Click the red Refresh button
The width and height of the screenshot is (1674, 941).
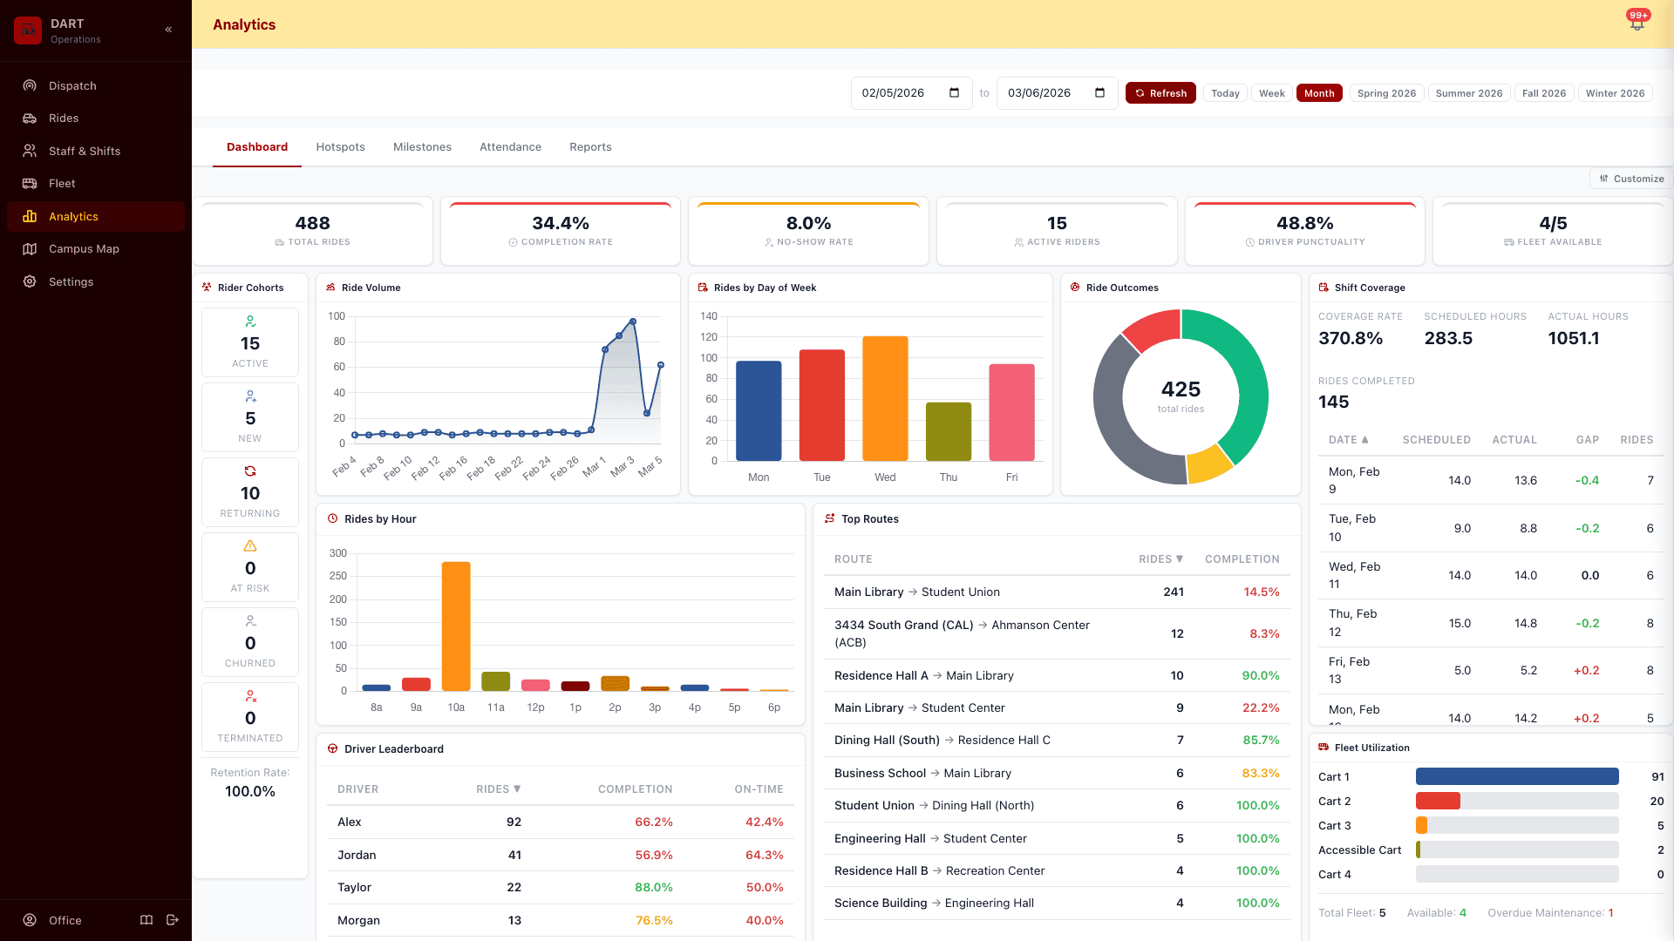[x=1160, y=93]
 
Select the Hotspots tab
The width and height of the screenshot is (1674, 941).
[x=340, y=146]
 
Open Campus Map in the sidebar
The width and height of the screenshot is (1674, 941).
[x=84, y=248]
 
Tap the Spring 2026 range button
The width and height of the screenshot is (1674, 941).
[x=1386, y=93]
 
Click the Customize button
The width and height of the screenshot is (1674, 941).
[x=1631, y=179]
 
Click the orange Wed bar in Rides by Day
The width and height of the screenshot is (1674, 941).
[x=885, y=398]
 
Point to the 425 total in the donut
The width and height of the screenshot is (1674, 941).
[x=1181, y=389]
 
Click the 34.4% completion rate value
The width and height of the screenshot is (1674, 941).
[x=561, y=223]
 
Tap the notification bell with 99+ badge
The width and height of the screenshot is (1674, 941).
[x=1637, y=24]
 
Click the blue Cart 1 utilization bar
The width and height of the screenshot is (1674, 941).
[x=1517, y=776]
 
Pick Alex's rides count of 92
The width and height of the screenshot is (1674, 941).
[x=514, y=822]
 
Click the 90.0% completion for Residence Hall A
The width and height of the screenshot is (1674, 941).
[x=1261, y=675]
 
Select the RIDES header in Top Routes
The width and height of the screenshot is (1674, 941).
[x=1160, y=559]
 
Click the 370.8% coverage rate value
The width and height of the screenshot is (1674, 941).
[x=1351, y=338]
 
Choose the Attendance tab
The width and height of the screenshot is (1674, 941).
[x=510, y=146]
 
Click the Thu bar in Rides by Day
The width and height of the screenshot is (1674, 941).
[x=949, y=431]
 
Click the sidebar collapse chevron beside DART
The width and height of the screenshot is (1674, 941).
[x=168, y=30]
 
